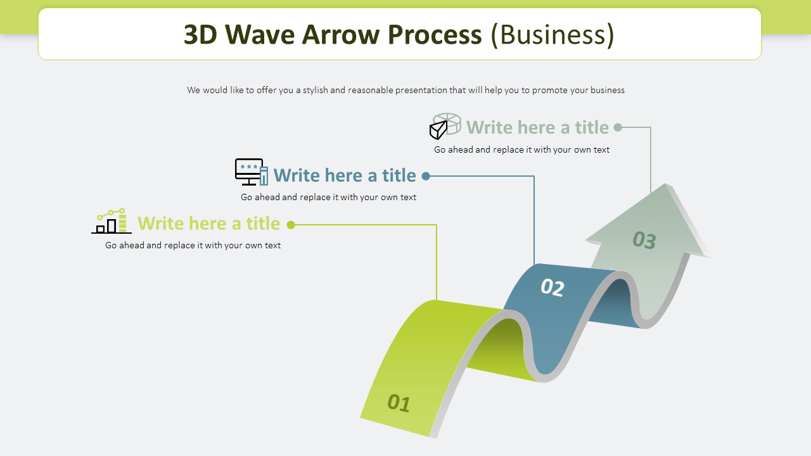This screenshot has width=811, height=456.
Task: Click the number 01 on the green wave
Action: tap(399, 403)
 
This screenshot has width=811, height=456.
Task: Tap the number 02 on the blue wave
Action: tap(552, 288)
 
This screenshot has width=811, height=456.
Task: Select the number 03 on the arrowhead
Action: tap(644, 240)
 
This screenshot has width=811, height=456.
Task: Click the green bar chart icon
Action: tap(112, 221)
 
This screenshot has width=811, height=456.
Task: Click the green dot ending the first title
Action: tap(291, 225)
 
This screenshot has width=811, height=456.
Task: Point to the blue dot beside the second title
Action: tap(426, 176)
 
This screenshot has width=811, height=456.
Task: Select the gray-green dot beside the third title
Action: tap(618, 127)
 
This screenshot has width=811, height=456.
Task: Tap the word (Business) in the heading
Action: tap(552, 35)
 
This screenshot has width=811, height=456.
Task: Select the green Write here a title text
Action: tap(208, 224)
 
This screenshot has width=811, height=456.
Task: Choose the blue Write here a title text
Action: tap(344, 175)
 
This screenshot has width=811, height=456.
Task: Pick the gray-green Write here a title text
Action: tap(537, 127)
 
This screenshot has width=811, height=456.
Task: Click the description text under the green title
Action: tap(193, 245)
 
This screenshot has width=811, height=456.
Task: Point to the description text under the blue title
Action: tap(328, 197)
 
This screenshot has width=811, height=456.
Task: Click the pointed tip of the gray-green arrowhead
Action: tap(666, 185)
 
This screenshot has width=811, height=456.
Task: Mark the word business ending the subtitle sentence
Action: tap(607, 90)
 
